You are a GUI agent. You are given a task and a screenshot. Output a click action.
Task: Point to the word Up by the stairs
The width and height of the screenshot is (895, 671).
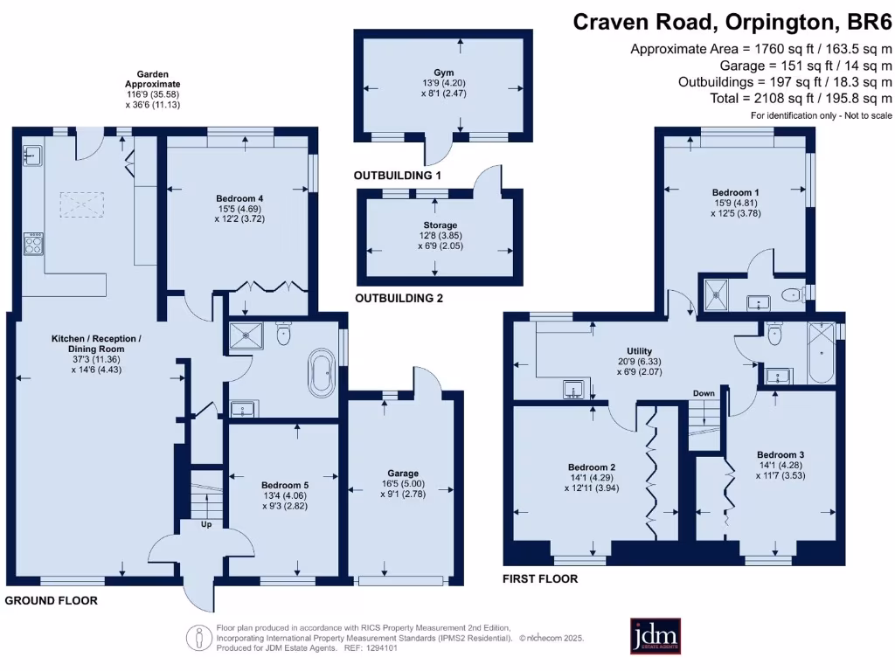206,525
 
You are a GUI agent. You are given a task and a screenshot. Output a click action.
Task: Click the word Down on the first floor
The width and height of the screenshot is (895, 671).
704,394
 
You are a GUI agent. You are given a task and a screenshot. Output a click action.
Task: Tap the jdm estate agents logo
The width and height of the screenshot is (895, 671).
655,636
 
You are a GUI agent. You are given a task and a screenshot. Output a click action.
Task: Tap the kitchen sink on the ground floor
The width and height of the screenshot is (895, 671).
33,156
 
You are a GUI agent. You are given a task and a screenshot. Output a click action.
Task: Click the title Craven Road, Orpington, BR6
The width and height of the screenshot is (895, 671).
732,22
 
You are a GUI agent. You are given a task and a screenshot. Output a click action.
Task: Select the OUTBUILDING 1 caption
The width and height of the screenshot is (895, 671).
398,176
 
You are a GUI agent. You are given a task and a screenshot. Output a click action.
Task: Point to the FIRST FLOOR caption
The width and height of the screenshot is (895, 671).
540,579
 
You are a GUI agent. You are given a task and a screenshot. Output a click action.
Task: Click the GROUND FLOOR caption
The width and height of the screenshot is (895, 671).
51,601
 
